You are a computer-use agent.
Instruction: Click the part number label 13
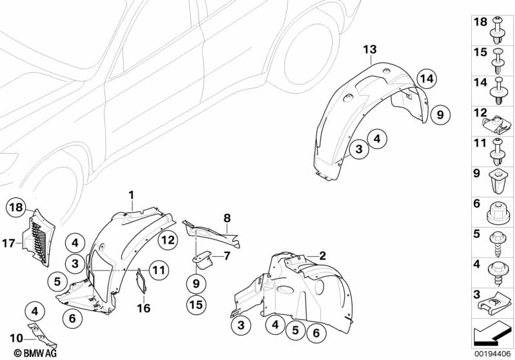click(368, 50)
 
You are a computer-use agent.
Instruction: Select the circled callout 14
click(424, 79)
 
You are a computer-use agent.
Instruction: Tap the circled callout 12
click(168, 240)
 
